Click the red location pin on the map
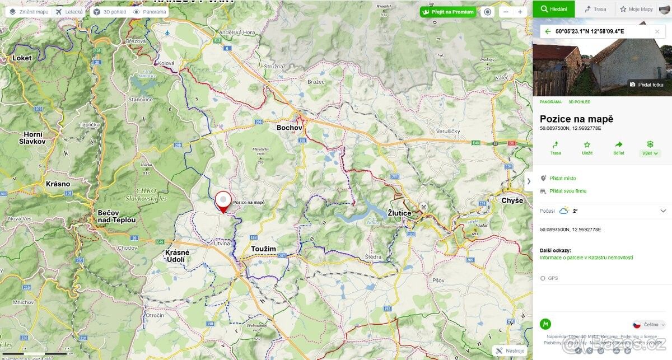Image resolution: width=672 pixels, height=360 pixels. click(223, 201)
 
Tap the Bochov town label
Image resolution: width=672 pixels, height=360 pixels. click(290, 128)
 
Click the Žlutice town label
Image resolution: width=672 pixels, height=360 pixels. click(399, 213)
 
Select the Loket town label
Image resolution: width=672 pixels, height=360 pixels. click(22, 58)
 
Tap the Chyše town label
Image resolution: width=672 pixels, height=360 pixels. click(512, 200)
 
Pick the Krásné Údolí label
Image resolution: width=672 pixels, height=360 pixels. click(177, 256)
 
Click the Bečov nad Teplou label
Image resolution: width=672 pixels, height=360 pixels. click(116, 216)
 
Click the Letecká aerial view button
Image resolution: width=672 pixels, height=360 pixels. click(69, 12)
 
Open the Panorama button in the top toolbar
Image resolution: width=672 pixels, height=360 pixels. click(150, 12)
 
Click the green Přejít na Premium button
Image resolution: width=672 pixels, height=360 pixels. click(448, 12)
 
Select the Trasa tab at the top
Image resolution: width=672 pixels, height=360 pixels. click(595, 9)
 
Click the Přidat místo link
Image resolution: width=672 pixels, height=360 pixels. click(562, 178)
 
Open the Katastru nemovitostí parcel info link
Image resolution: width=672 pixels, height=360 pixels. click(586, 258)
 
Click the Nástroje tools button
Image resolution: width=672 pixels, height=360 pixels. click(510, 351)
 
